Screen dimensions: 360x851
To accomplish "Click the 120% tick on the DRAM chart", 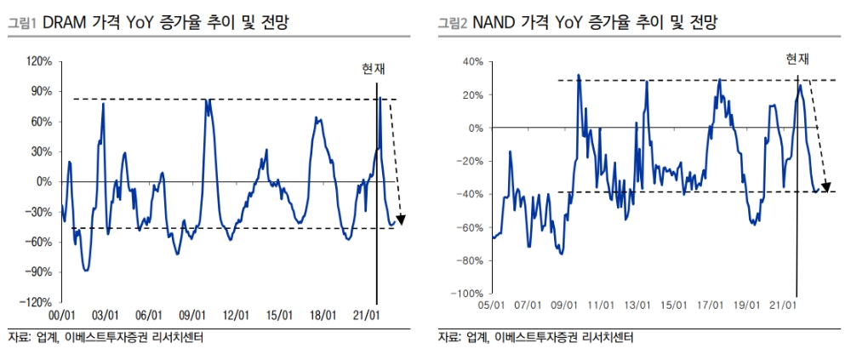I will pos(41,62).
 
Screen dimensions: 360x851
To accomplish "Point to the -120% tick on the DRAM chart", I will pos(39,302).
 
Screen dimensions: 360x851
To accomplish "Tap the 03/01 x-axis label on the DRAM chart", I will pos(105,315).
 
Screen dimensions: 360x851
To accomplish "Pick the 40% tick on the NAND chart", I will pos(472,62).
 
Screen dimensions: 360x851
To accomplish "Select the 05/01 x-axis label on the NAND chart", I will pos(493,305).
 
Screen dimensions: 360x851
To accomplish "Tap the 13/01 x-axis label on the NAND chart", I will pos(637,305).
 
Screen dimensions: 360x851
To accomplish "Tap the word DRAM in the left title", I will pos(66,23).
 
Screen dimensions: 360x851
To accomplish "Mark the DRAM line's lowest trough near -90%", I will pos(86,270).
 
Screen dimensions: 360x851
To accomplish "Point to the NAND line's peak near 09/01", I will pos(578,76).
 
